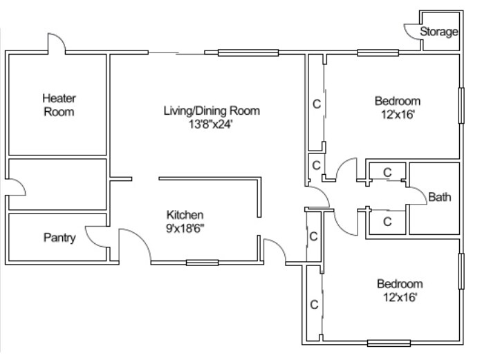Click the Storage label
439,32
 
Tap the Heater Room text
59,104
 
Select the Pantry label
59,238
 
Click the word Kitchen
185,214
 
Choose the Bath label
440,197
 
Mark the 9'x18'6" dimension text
185,227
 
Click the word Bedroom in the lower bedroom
399,284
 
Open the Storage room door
412,30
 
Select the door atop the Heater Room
56,43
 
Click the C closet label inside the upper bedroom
317,104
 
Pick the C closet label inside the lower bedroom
314,304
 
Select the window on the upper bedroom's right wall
461,106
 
